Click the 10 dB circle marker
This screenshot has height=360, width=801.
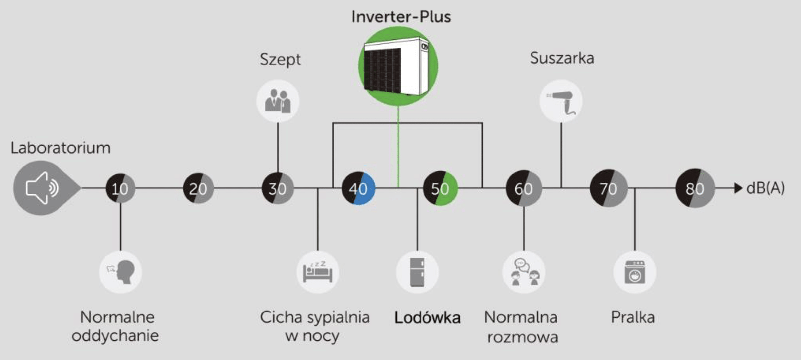point(120,188)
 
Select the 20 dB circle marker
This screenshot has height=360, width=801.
point(198,188)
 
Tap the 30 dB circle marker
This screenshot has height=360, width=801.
point(277,188)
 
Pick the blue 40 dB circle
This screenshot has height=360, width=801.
point(358,188)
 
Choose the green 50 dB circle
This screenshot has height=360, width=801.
point(440,188)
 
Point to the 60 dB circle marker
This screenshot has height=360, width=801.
point(524,188)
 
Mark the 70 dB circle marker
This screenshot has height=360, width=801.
point(609,188)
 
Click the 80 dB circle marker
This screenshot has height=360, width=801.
point(695,188)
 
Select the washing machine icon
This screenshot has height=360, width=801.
point(635,272)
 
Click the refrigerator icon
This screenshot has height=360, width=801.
point(417,272)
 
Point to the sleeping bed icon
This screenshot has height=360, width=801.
point(317,272)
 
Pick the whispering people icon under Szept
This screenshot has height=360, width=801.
point(278,101)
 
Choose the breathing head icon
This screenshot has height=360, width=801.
point(120,272)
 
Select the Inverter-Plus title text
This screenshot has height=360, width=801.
point(401,17)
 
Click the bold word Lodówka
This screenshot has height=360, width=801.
point(427,317)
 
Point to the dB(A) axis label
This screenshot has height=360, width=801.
point(765,188)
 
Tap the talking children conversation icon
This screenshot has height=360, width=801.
point(524,272)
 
